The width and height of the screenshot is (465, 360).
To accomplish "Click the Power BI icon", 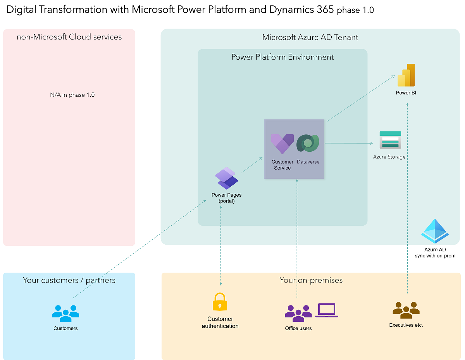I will (406, 75).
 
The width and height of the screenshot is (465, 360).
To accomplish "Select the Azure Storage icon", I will (390, 140).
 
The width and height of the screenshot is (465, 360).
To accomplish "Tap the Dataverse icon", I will (308, 144).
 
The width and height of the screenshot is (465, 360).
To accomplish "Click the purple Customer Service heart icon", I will (282, 144).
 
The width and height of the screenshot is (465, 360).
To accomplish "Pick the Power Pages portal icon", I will (226, 178).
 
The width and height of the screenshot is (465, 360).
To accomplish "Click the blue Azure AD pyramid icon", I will (435, 231).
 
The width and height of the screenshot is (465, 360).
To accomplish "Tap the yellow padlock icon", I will (220, 302).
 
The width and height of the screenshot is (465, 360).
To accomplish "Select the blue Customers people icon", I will (65, 313).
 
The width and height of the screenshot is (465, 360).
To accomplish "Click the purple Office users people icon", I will (298, 313).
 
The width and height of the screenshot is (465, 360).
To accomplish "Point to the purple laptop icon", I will (326, 310).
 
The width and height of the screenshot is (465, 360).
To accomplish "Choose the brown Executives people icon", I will (406, 310).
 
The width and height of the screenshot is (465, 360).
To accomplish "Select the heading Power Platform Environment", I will (282, 57).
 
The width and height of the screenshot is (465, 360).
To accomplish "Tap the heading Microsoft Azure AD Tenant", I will (310, 38).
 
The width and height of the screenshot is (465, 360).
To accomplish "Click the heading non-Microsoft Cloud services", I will (69, 37).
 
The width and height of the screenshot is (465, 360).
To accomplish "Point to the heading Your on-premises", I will (311, 280).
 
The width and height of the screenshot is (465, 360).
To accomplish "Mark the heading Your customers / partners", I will (69, 280).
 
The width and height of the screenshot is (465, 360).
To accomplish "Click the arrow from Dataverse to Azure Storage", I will (349, 143).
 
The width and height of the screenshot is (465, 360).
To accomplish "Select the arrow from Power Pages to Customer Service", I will (252, 165).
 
